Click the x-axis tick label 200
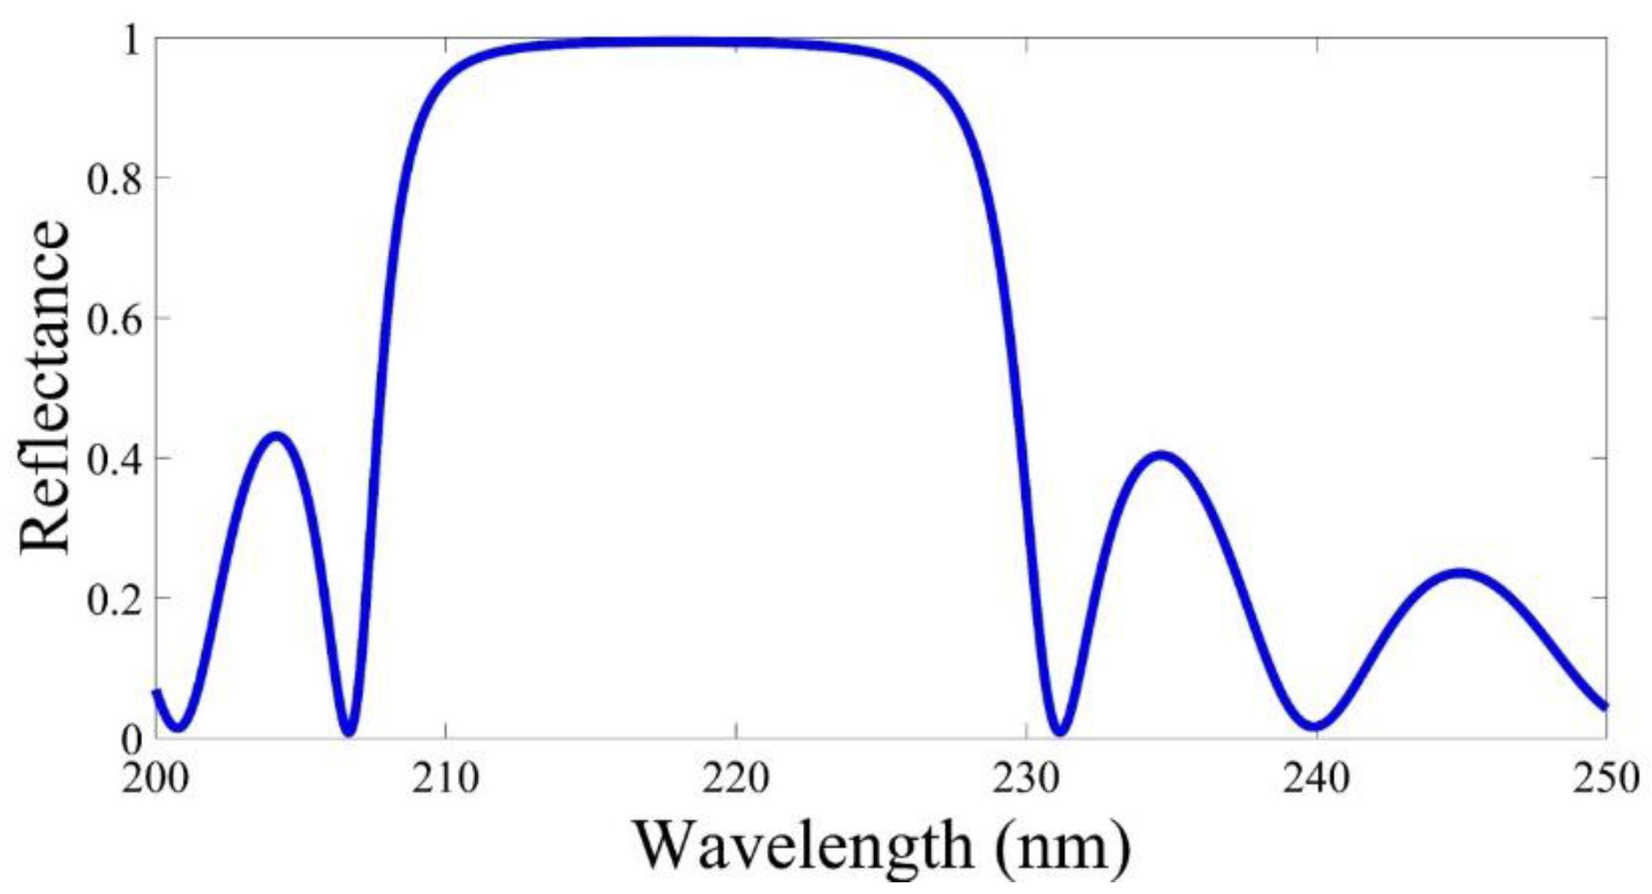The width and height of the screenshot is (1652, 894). pyautogui.click(x=155, y=778)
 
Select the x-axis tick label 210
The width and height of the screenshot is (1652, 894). pyautogui.click(x=445, y=778)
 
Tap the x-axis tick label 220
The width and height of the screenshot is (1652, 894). pyautogui.click(x=736, y=778)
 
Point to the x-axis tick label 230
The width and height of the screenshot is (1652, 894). pyautogui.click(x=1025, y=778)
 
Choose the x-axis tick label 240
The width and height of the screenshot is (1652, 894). pyautogui.click(x=1316, y=778)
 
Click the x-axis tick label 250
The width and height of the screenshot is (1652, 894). pyautogui.click(x=1607, y=778)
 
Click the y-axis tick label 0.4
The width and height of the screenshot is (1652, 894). pyautogui.click(x=114, y=460)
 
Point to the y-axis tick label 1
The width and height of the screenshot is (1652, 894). pyautogui.click(x=132, y=40)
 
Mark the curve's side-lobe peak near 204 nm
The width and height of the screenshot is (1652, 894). pyautogui.click(x=275, y=436)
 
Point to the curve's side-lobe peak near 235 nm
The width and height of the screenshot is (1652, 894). pyautogui.click(x=1161, y=455)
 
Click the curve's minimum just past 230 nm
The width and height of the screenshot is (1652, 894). pyautogui.click(x=1061, y=731)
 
